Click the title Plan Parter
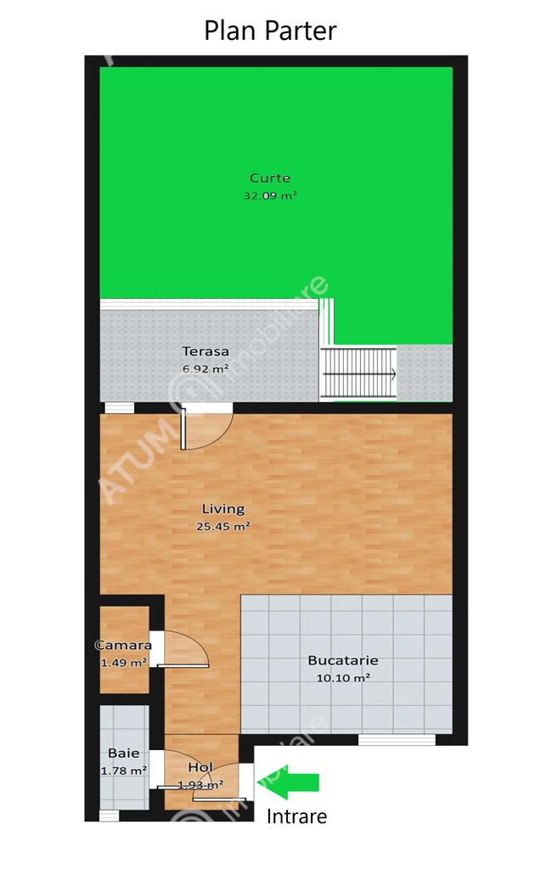click(270, 31)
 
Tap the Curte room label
click(270, 178)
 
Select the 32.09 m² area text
click(270, 195)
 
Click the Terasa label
click(206, 351)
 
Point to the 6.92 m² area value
click(206, 369)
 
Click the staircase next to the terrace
click(359, 373)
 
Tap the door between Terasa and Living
click(206, 427)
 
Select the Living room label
click(223, 509)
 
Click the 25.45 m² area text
click(223, 526)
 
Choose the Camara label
click(123, 646)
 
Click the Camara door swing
click(183, 648)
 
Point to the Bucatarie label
click(343, 660)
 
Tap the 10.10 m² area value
click(343, 677)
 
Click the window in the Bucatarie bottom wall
click(397, 740)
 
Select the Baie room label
click(124, 753)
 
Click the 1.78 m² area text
click(124, 771)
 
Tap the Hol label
click(200, 767)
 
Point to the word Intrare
click(296, 816)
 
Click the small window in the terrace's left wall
click(119, 408)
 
